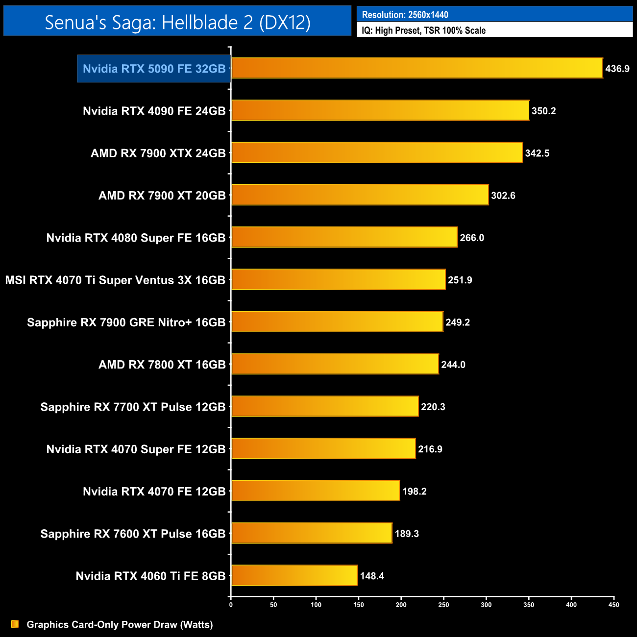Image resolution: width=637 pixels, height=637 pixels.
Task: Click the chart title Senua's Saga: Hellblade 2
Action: pos(177,22)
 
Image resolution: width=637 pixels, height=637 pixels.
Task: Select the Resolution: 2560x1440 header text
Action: pos(405,15)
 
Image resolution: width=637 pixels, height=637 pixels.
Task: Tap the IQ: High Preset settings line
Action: pos(423,30)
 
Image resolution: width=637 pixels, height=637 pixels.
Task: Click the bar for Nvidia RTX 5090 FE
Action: pos(416,68)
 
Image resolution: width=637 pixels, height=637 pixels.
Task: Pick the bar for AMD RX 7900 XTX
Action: pos(376,153)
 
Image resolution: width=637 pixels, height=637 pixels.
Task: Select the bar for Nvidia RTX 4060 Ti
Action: pos(294,576)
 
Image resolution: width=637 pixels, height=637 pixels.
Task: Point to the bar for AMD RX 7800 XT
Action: pos(335,364)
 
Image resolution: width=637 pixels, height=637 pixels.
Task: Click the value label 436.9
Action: pos(617,69)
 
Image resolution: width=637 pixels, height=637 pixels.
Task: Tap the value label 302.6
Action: pos(503,196)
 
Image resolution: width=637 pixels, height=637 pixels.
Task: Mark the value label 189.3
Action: pos(407,534)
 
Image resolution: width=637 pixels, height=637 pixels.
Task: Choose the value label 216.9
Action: pos(430,449)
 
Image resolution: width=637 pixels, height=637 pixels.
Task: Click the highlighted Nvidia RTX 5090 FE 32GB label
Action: pos(154,69)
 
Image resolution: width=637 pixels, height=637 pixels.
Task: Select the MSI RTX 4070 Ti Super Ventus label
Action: pos(115,280)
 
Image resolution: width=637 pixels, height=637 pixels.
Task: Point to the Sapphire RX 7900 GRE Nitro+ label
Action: pos(126,322)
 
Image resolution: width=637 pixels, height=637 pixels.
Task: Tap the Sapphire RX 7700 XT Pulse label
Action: pos(133,407)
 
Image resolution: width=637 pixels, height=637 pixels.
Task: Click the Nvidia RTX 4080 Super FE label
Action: pos(136,238)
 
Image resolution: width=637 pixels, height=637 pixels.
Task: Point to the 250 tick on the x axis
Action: pos(443,605)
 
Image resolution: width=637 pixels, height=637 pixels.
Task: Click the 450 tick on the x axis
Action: pos(613,605)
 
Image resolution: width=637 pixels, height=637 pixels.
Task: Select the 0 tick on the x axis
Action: pos(231,605)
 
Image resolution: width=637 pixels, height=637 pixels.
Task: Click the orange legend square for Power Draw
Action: pos(15,624)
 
